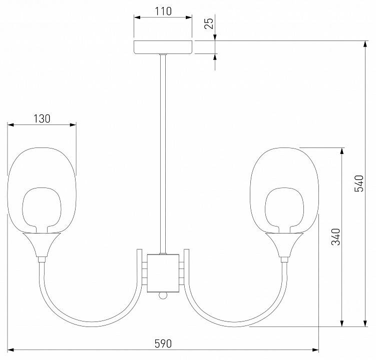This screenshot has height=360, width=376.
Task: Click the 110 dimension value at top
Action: (163, 10)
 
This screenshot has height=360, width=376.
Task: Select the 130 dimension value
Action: (42, 118)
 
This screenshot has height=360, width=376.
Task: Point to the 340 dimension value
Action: (336, 236)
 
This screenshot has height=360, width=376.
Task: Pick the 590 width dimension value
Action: (163, 343)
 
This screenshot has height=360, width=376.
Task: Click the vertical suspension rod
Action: (163, 150)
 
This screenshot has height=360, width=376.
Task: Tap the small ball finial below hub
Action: (163, 296)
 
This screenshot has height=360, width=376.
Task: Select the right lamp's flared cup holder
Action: (284, 245)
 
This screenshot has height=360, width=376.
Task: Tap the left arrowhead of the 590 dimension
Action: (11, 349)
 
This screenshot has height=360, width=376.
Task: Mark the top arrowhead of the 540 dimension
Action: (364, 44)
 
